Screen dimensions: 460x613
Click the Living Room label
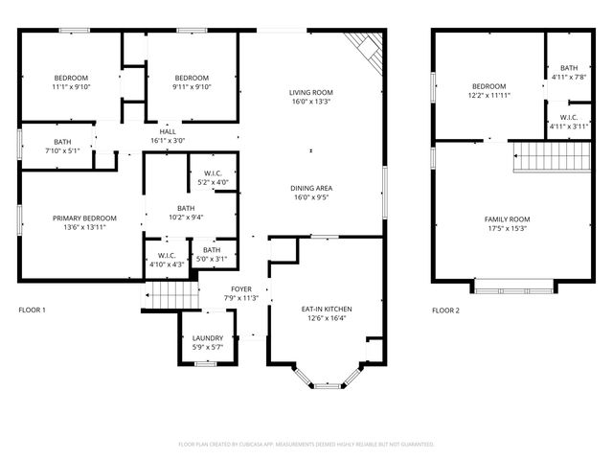tap(310, 93)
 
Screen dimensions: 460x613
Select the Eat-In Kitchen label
tap(327, 310)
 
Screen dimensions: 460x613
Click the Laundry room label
tap(208, 338)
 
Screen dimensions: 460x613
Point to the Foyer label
tap(240, 288)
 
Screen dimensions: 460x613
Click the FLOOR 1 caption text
tap(32, 310)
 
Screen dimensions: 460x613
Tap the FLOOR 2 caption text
tap(445, 310)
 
